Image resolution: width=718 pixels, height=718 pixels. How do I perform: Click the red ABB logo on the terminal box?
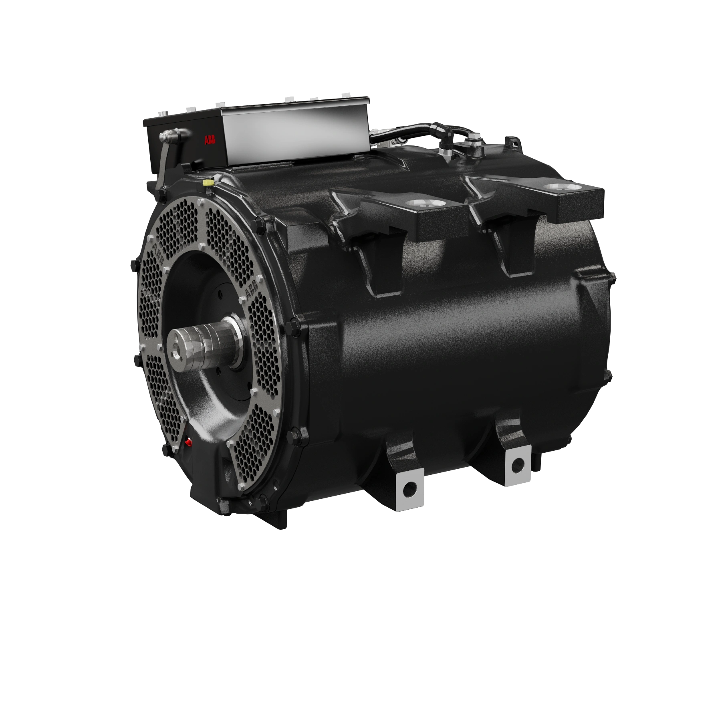click(x=210, y=140)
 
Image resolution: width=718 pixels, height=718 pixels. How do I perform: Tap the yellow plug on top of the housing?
click(x=208, y=183)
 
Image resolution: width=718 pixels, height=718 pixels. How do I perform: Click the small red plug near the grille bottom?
click(x=188, y=442)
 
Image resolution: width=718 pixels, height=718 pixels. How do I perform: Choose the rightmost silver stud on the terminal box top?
click(x=345, y=95)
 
